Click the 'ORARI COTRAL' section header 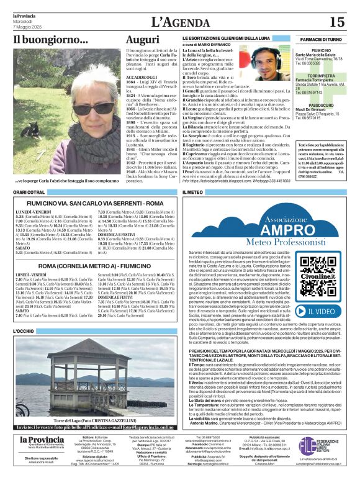coord(29,193)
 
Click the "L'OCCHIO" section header coord(24,332)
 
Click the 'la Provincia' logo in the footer coord(41,441)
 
